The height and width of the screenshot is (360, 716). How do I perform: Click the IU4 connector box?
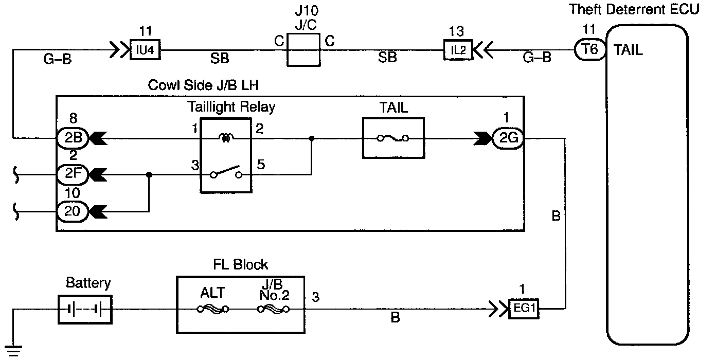pyautogui.click(x=145, y=49)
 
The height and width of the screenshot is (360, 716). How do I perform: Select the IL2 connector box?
pyautogui.click(x=458, y=50)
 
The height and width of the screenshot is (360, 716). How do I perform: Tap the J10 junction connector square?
pyautogui.click(x=303, y=50)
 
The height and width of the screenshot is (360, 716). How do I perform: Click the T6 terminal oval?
pyautogui.click(x=590, y=49)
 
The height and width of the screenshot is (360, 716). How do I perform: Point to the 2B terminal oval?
pyautogui.click(x=73, y=138)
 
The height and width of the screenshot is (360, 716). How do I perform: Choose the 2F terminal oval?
pyautogui.click(x=73, y=174)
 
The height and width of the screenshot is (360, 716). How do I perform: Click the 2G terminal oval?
pyautogui.click(x=508, y=138)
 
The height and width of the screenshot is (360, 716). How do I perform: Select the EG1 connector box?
pyautogui.click(x=524, y=309)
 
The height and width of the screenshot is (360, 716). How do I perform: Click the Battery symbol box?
pyautogui.click(x=85, y=310)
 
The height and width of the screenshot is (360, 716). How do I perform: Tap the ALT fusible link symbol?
pyautogui.click(x=213, y=309)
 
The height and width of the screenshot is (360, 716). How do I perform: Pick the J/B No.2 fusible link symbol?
pyautogui.click(x=273, y=309)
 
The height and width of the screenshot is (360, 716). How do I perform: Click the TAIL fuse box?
pyautogui.click(x=393, y=138)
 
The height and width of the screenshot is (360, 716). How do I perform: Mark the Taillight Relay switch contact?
pyautogui.click(x=226, y=172)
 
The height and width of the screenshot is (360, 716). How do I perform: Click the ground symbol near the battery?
pyautogui.click(x=13, y=351)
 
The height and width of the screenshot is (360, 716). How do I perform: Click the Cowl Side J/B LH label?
pyautogui.click(x=203, y=85)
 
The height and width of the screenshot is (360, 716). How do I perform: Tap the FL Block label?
pyautogui.click(x=240, y=265)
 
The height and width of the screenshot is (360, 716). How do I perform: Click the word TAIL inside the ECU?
pyautogui.click(x=628, y=50)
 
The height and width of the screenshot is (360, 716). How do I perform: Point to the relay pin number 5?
pyautogui.click(x=261, y=165)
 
